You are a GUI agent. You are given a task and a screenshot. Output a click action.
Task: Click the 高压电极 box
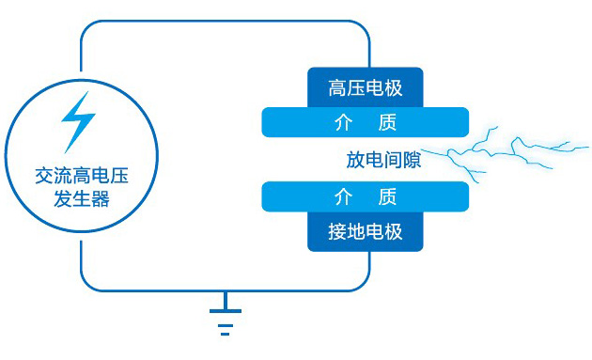coord(366,88)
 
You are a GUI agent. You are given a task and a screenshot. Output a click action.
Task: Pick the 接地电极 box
coord(366,231)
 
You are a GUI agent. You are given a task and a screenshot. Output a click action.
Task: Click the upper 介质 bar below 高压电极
coord(366,122)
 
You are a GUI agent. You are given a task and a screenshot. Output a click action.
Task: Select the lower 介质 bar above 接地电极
coord(366,196)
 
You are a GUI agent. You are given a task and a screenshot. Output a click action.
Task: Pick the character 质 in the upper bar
coord(387,122)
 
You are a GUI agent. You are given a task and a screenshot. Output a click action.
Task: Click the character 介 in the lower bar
coord(343,196)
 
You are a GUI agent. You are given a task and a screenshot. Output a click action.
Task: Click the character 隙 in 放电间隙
coord(412,160)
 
